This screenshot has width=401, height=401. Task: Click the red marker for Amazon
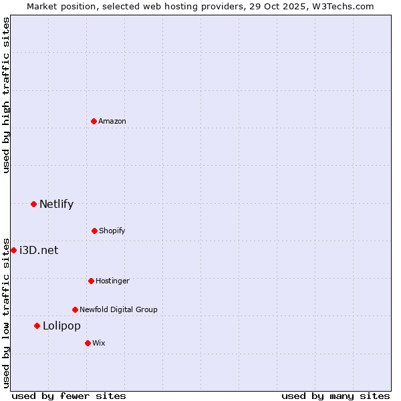pos(94,121)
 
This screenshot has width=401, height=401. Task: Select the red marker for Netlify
pos(33,204)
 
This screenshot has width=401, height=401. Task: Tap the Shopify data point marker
pos(94,231)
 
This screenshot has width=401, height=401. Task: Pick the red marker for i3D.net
pos(13,250)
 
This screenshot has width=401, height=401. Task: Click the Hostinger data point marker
pos(91,281)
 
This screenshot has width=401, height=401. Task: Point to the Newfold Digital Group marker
pos(75,309)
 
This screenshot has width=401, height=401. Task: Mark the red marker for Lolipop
pos(37,325)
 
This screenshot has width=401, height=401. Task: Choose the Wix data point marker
pos(88,343)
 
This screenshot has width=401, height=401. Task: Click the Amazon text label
pos(112,121)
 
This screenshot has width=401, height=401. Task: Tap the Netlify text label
pos(56,204)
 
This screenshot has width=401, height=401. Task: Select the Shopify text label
pos(112,231)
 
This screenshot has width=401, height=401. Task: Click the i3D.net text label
pos(39,250)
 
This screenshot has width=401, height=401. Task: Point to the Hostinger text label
pos(112,281)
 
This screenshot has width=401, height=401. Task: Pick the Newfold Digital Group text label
pos(118,309)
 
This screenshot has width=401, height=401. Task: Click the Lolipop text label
pos(61,325)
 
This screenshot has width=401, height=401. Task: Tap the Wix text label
pos(99,343)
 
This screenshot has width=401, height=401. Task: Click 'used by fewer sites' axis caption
pos(69,396)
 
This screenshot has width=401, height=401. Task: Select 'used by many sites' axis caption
pos(336,396)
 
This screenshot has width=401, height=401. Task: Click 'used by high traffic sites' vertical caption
pos(6,95)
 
